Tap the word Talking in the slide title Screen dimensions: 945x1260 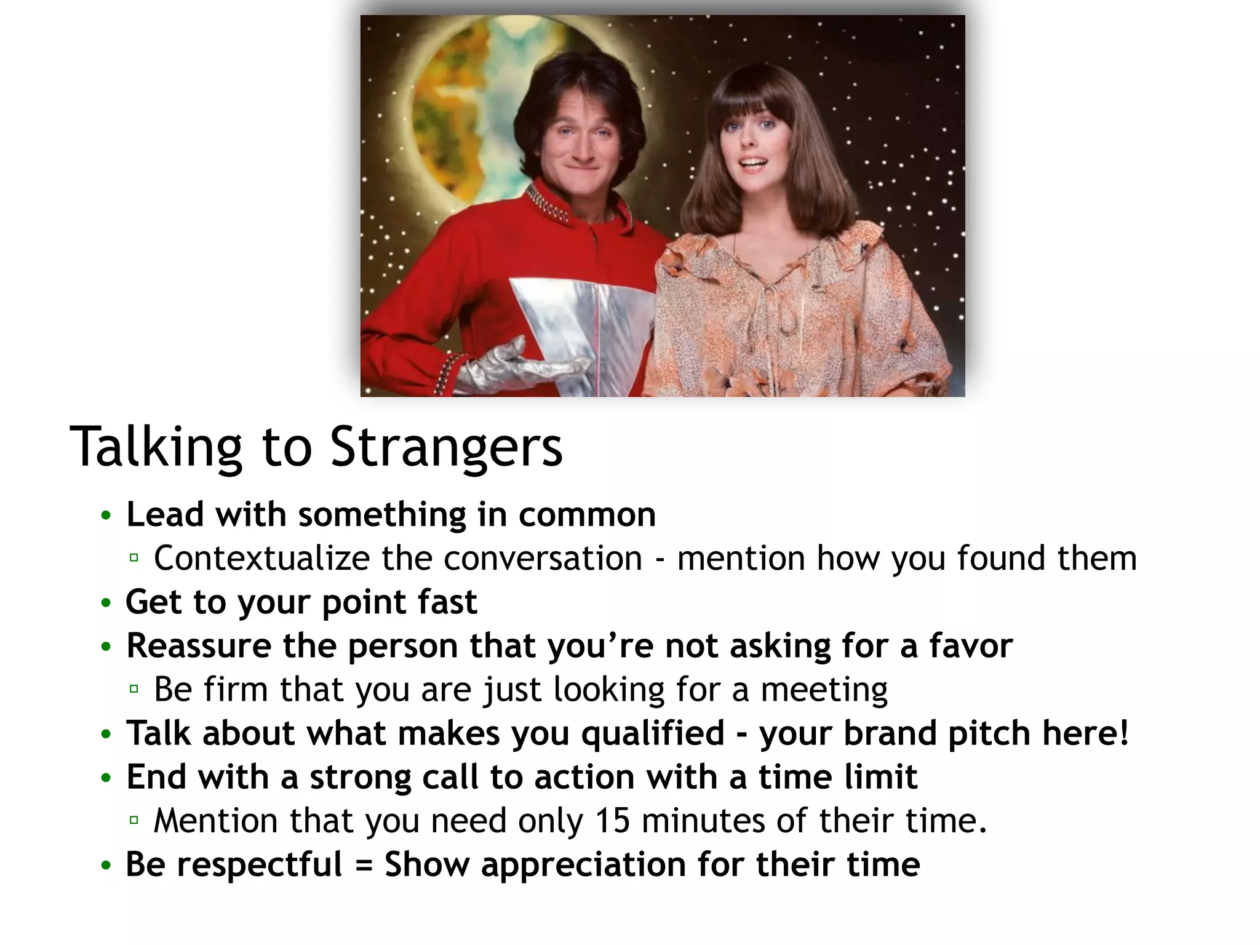click(x=157, y=447)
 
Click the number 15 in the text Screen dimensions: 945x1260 click(x=612, y=821)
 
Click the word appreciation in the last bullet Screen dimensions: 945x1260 click(x=583, y=864)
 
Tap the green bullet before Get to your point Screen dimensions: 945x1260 click(x=106, y=603)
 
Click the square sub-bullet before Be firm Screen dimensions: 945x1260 click(x=134, y=689)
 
